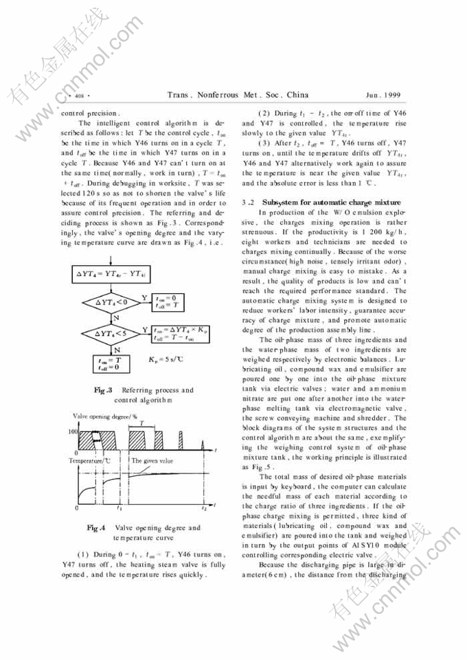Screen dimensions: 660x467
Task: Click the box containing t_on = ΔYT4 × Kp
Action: pyautogui.click(x=180, y=334)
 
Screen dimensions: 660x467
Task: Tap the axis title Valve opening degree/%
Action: pyautogui.click(x=105, y=416)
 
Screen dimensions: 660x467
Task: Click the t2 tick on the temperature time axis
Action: pyautogui.click(x=204, y=508)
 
